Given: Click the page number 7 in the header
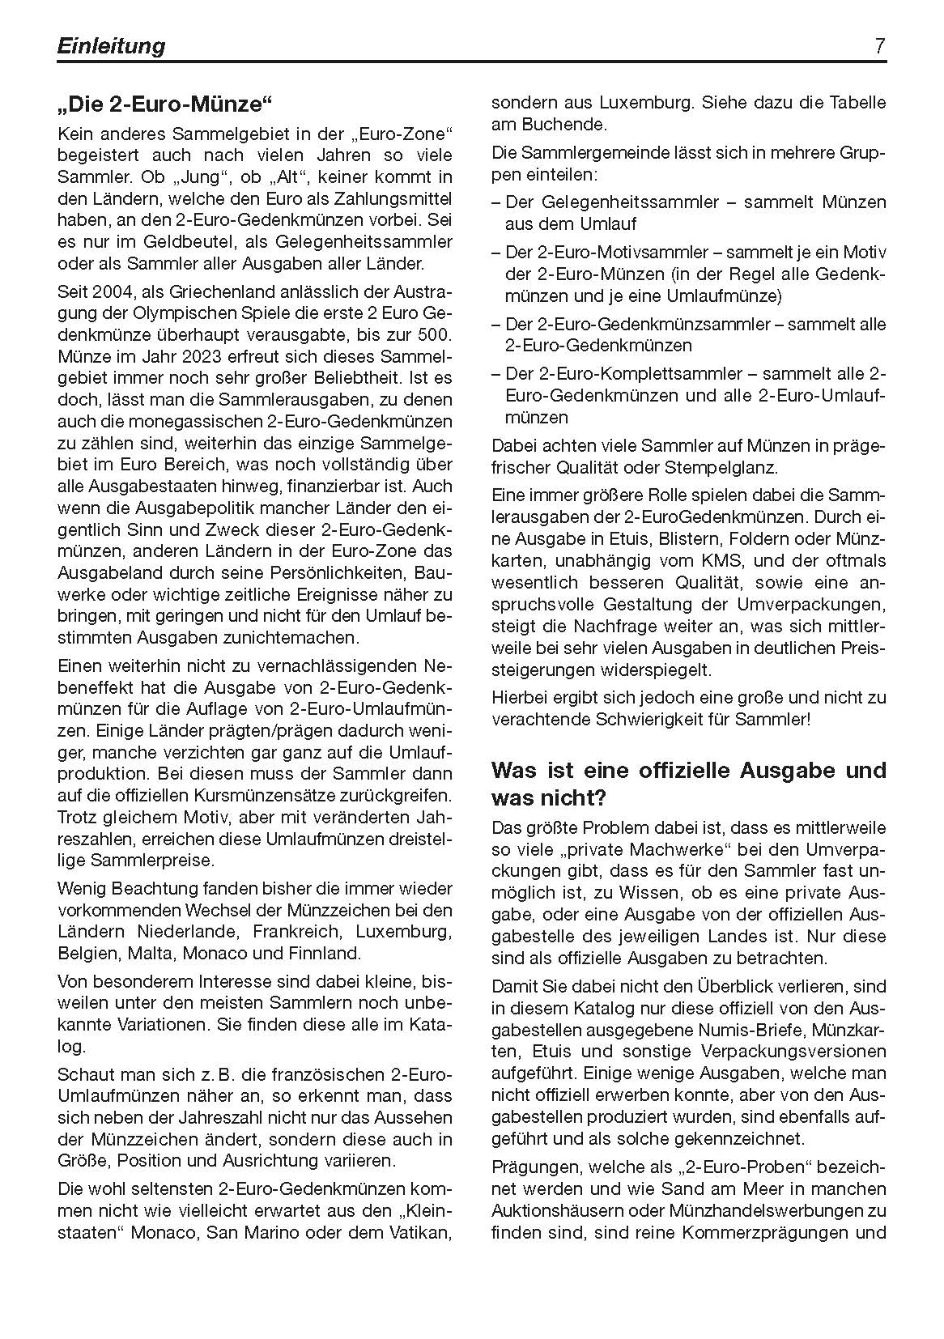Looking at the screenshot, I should point(880,46).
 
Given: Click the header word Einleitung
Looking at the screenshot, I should point(111,46).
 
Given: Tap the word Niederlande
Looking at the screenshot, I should point(188,931).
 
